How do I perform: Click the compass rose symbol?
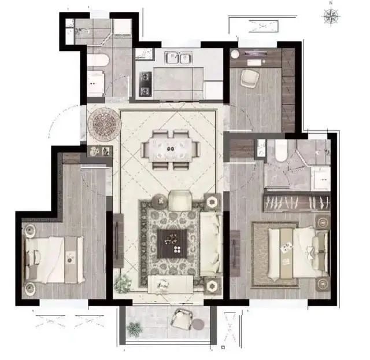pos(331,17)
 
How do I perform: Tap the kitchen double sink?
pos(179,58)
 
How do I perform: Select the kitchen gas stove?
pos(145,84)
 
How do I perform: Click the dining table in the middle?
pos(171,149)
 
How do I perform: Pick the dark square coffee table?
pos(172,244)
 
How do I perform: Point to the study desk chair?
pos(250,78)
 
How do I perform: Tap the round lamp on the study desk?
pos(235,54)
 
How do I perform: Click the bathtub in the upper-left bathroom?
pos(98,60)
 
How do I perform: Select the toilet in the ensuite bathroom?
pos(281,150)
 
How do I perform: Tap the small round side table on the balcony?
pos(198,324)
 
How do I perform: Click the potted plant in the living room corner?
pos(123,283)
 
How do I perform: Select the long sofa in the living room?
pos(211,244)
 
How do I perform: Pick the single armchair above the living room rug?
pos(180,200)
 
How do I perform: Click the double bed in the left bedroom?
pos(54,260)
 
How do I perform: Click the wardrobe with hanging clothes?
pos(297,203)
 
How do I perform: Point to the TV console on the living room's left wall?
pos(118,240)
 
